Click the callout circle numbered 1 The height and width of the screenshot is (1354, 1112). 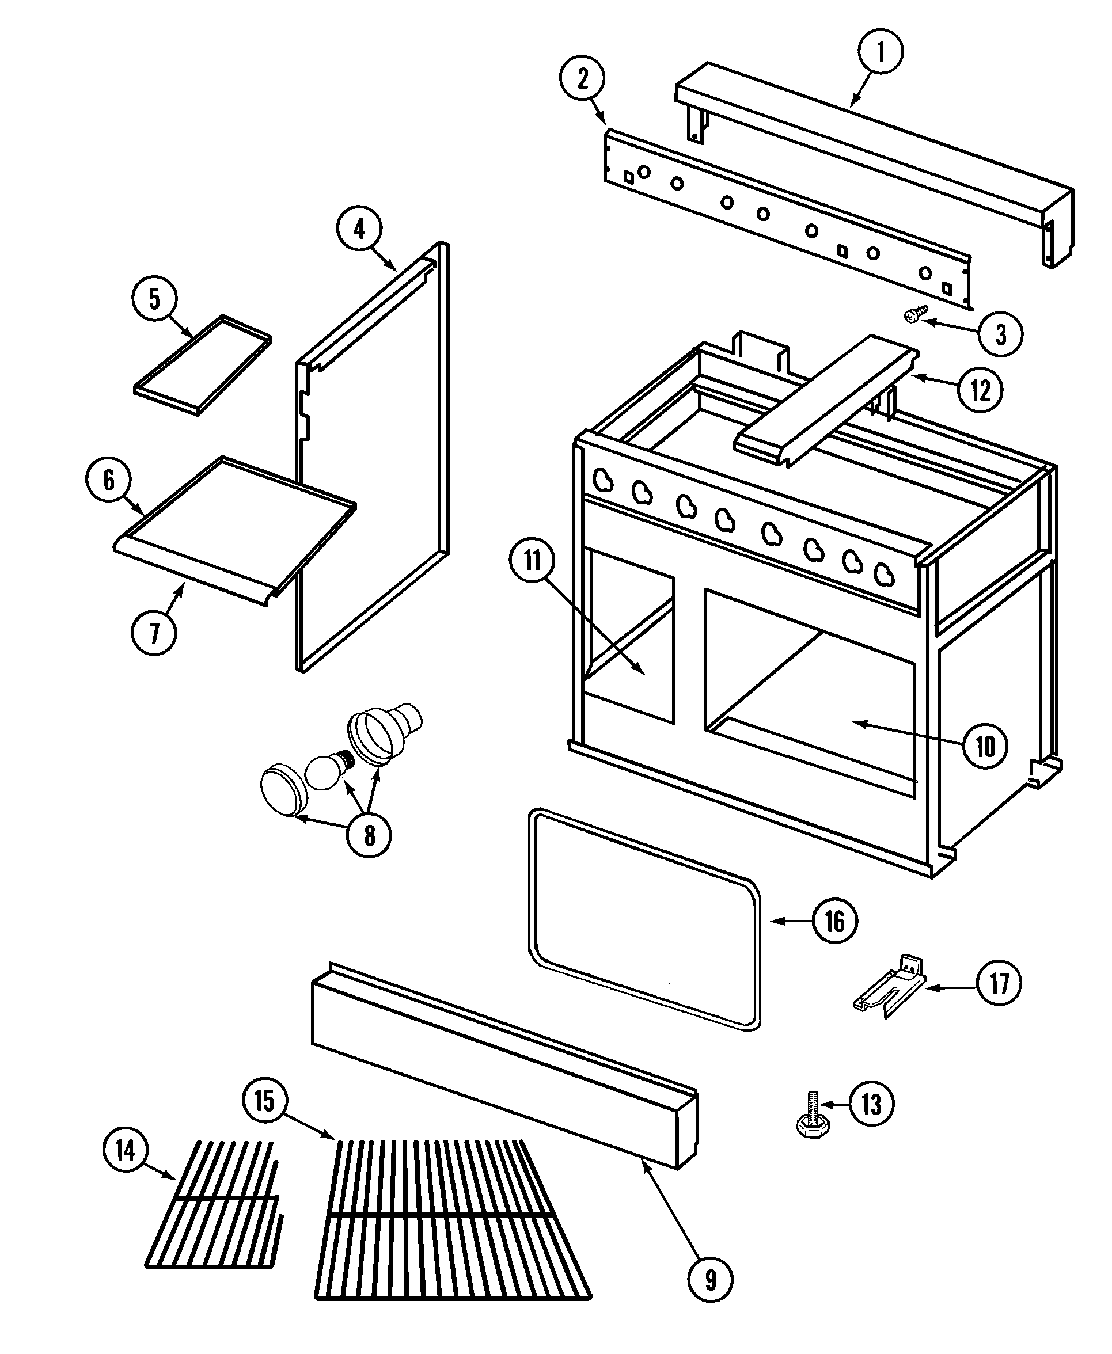click(880, 52)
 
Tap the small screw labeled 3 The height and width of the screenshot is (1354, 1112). click(916, 313)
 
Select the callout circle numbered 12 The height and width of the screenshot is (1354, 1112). click(980, 390)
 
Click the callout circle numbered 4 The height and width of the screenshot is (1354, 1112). click(359, 229)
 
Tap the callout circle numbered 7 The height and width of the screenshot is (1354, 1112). click(154, 633)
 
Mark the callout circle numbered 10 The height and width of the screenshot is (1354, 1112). click(985, 746)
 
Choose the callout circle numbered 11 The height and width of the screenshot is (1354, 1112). click(532, 561)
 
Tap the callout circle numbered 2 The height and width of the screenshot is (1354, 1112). click(582, 79)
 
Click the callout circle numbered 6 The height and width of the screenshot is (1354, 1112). click(108, 480)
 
